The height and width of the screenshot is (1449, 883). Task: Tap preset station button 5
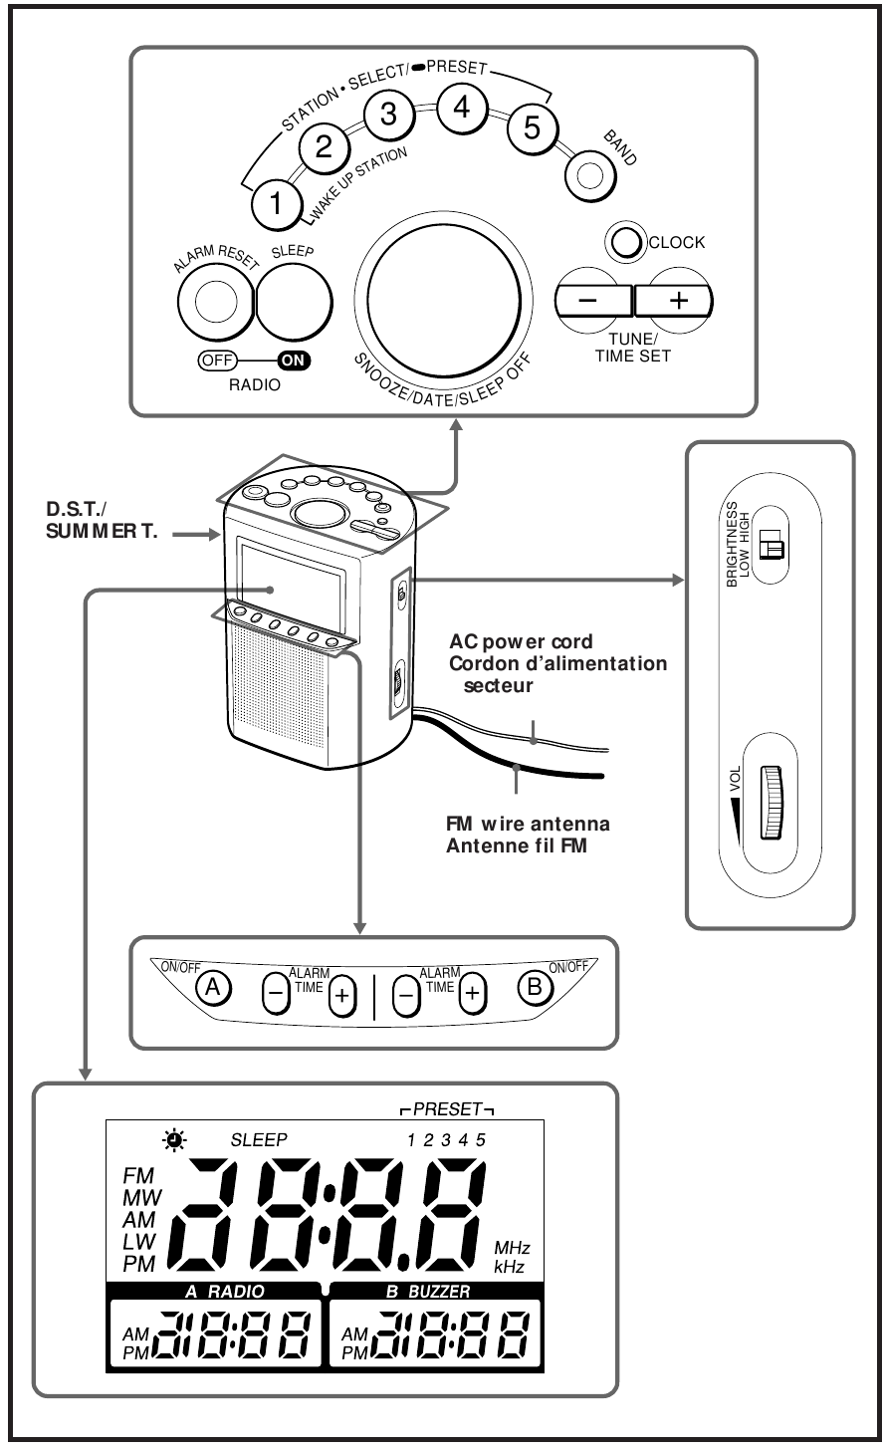[533, 128]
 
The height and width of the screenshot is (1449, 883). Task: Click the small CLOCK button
[627, 242]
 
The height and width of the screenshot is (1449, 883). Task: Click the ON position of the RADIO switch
[294, 362]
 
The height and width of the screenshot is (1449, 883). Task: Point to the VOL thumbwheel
[772, 802]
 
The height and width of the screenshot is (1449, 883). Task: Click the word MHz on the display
[512, 1247]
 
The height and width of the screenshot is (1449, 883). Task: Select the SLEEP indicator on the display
[258, 1140]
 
